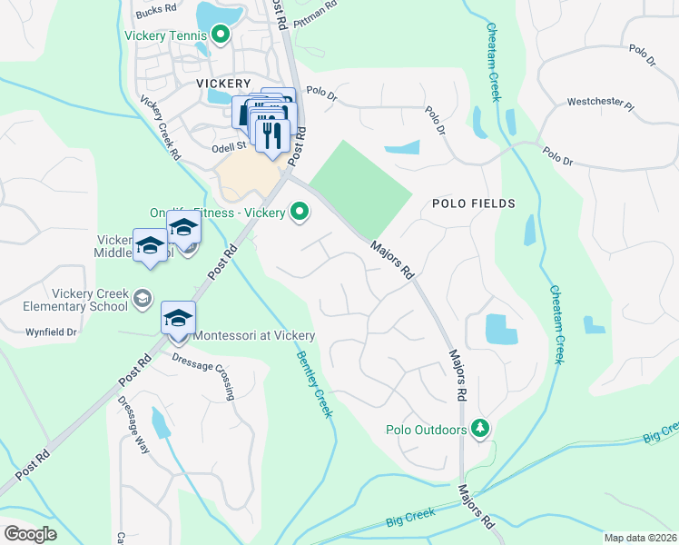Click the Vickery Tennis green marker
(x=220, y=35)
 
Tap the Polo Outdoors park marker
(x=480, y=428)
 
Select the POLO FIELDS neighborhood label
(x=474, y=203)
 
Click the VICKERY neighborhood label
(x=222, y=82)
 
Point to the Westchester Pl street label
(x=599, y=103)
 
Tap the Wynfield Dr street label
(x=52, y=332)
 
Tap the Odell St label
(x=229, y=145)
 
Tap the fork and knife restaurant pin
(x=272, y=134)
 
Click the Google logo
(x=30, y=534)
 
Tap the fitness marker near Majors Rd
(x=299, y=213)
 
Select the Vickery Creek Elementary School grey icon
(x=143, y=298)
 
